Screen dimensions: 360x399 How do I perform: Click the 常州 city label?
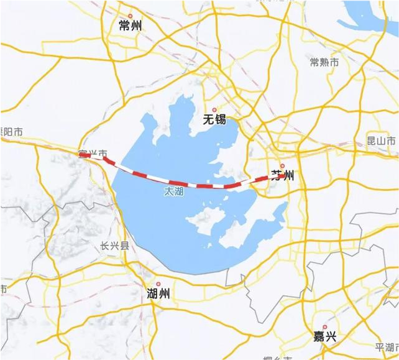(130, 25)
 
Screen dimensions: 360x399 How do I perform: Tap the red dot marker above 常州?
(130, 16)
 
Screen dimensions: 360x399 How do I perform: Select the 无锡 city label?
(214, 119)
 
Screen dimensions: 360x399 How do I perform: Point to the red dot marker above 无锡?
(214, 109)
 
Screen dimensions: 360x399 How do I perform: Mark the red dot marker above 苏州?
(282, 166)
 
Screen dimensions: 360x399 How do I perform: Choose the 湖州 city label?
(158, 293)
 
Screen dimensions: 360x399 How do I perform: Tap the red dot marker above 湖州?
(158, 284)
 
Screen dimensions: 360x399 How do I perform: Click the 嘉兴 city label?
(324, 336)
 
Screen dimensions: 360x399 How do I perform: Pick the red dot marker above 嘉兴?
(324, 326)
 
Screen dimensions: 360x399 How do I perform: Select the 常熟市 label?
(324, 62)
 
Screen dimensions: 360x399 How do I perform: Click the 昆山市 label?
(381, 141)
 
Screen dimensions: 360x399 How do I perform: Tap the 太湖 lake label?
(173, 193)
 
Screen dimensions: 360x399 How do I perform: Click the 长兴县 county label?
(114, 246)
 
